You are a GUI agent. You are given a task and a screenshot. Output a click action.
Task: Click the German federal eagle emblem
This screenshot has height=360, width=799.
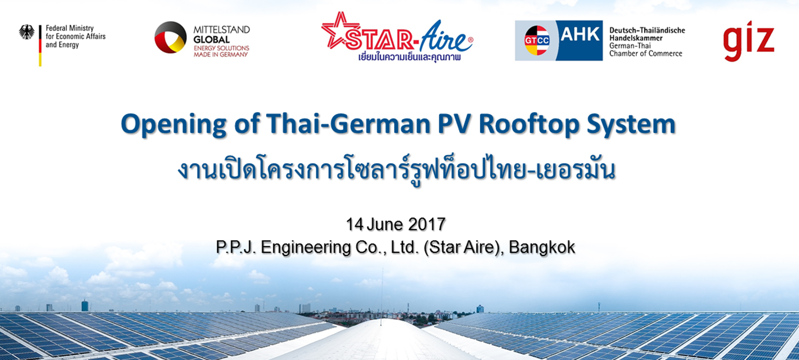27,32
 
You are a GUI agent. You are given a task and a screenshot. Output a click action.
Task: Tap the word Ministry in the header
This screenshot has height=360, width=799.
82,28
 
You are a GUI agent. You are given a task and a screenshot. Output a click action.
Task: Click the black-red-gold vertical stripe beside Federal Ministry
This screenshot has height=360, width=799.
40,45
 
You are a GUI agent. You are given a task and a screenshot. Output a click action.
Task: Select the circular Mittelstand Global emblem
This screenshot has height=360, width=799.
171,37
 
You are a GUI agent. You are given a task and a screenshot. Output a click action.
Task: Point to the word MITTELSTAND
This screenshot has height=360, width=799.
221,30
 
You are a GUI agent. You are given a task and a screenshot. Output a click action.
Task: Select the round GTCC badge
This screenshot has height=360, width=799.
537,40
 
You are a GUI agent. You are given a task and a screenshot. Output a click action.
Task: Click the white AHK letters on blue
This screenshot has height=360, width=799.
580,34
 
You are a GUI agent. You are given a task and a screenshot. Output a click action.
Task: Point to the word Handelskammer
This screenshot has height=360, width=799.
636,38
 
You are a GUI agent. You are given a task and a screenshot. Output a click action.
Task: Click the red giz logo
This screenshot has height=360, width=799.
749,41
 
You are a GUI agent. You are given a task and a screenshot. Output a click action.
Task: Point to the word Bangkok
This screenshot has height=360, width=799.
542,247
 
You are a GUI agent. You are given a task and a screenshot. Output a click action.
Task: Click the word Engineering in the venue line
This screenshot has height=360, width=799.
306,248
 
